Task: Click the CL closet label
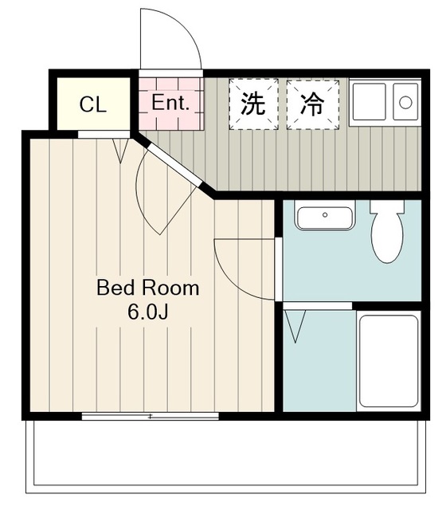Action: coord(93,104)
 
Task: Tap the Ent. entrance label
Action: coord(170,102)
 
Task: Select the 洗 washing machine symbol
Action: coord(253,104)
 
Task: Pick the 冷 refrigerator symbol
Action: coord(313,104)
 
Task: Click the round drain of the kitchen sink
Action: coord(405,103)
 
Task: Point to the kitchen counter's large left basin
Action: coord(370,101)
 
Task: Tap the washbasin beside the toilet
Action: coord(325,215)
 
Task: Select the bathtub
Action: coord(389,361)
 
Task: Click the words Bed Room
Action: coord(147,288)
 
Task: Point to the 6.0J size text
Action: coord(147,312)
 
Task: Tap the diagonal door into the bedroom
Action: coord(174,165)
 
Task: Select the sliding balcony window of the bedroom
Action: coord(151,416)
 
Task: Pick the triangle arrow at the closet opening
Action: coord(120,151)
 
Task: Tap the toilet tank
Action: coord(387,206)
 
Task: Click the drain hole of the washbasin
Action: coord(325,214)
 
